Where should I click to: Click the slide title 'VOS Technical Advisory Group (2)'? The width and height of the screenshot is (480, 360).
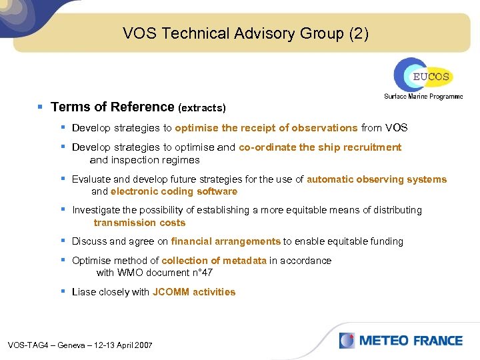245,33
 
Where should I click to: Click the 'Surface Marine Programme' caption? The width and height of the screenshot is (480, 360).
423,96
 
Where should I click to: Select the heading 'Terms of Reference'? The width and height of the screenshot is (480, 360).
112,107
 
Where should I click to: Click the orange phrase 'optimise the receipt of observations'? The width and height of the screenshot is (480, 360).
266,127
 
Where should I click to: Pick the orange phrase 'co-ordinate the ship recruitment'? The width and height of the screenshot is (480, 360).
320,147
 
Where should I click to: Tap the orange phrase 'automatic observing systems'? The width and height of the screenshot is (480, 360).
377,179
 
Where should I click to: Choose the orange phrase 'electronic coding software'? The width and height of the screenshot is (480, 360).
174,191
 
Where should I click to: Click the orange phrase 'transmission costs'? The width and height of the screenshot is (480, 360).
139,223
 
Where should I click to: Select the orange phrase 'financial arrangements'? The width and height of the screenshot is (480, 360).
225,241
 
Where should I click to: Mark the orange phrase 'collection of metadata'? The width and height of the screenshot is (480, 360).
214,260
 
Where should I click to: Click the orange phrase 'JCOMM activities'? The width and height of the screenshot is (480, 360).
194,291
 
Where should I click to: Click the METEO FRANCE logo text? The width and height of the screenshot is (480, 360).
411,341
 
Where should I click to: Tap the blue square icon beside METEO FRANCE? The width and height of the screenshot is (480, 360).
347,341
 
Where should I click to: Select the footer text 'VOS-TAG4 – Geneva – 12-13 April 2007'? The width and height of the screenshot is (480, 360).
80,345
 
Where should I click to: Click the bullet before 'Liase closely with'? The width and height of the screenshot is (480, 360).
63,291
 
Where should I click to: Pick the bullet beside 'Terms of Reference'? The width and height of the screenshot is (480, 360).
41,107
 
